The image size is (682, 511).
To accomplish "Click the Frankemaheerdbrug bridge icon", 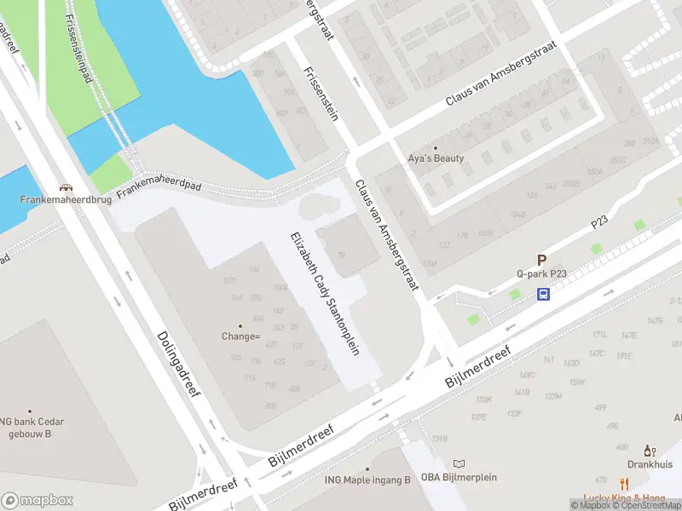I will [65, 188].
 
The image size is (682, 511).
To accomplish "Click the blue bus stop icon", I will [543, 295].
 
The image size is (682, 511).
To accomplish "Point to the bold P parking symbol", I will [540, 261].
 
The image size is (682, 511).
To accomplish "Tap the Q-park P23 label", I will [542, 274].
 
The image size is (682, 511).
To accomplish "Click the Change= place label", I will [240, 336].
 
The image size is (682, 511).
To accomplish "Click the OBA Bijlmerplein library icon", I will [459, 464].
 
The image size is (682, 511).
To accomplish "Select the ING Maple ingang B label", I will [368, 479].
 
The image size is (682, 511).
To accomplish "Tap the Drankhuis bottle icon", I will [648, 451].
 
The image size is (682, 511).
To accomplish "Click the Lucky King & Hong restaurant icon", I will [624, 483].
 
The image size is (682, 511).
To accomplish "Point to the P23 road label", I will [600, 221].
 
